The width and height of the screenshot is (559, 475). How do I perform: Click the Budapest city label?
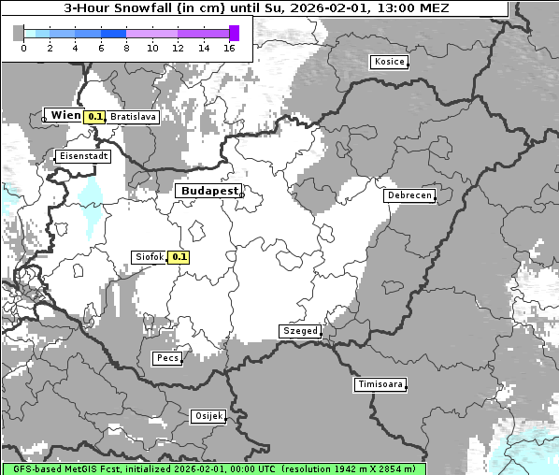208,191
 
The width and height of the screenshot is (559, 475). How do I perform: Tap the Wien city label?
64,115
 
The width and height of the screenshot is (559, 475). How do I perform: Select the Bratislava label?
132,117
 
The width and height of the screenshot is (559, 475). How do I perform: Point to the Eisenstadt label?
83,156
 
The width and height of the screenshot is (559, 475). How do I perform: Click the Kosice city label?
388,62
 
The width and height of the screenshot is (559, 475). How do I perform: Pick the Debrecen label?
408,195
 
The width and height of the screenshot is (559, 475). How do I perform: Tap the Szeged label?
299,331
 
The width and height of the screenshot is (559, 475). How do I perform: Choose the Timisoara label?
380,384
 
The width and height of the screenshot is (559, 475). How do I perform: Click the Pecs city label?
167,358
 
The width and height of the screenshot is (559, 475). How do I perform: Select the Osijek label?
208,416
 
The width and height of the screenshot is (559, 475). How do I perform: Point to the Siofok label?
148,257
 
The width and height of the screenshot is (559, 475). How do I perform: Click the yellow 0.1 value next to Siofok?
179,257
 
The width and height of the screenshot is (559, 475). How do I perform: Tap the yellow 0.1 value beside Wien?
94,117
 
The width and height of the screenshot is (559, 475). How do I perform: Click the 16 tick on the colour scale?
230,48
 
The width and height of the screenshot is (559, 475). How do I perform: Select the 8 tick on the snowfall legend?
126,48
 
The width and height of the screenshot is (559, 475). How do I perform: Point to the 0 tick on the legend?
23,48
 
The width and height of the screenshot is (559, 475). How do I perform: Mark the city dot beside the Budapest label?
240,194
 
